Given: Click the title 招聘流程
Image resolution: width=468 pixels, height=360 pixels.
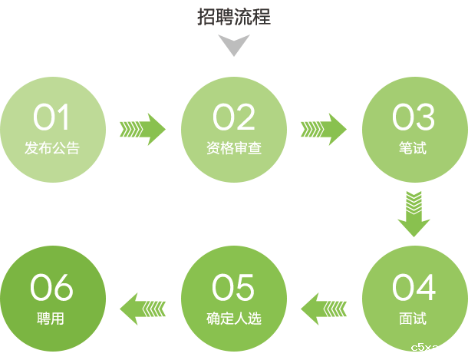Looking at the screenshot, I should pos(234,17).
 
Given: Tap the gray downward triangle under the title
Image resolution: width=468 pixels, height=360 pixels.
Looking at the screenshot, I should pos(234,47).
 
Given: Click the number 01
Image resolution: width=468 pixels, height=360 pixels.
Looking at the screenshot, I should pos(51,118).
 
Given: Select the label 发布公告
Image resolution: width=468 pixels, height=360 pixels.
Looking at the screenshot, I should pos(51,147).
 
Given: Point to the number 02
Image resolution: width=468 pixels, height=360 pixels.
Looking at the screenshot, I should pos(234,118).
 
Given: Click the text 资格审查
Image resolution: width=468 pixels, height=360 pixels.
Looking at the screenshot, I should pos(234,147).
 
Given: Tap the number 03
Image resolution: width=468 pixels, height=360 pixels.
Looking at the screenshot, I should pos(414,118).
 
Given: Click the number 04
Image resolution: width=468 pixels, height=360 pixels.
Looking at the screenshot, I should pos(414,288).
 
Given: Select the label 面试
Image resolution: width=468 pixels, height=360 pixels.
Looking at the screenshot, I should pos(414,318).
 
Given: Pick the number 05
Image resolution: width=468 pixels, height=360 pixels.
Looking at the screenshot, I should pos(234,288).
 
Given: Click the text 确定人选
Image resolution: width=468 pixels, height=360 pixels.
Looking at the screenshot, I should pos(234,318).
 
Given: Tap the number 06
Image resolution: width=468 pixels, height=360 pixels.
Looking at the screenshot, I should pos(51,288).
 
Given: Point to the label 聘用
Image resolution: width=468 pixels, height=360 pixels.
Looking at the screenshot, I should pos(51,318).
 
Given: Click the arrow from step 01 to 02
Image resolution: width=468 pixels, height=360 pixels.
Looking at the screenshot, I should pos(143,128).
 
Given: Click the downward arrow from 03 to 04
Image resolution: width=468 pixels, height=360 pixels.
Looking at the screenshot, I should pos(414,213).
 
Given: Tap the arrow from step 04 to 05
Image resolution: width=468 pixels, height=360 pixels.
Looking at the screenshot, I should pos(323,309).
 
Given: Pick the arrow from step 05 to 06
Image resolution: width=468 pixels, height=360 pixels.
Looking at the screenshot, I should pos(143,309).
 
